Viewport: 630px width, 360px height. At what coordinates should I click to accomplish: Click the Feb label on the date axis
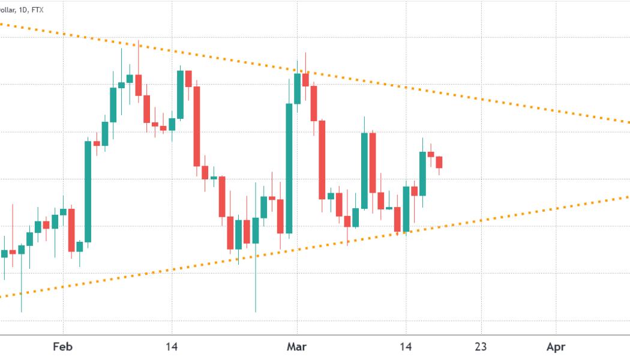63,346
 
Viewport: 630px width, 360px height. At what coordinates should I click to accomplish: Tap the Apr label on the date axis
556,346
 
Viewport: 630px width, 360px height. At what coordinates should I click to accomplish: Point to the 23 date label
481,346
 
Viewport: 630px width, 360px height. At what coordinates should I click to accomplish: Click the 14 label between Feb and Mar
172,346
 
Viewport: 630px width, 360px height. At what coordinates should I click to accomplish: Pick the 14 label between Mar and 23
406,346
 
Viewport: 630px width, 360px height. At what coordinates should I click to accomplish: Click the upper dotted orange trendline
480,98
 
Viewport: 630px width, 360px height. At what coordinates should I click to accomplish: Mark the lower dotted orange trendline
480,221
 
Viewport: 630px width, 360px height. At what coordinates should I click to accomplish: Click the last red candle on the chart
439,162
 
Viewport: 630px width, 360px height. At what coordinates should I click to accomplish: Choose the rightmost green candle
422,173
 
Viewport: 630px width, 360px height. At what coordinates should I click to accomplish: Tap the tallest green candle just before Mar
289,168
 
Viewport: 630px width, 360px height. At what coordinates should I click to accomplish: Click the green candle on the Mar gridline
297,88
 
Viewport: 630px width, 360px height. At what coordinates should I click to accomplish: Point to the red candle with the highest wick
139,85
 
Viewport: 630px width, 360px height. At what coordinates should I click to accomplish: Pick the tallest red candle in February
196,125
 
